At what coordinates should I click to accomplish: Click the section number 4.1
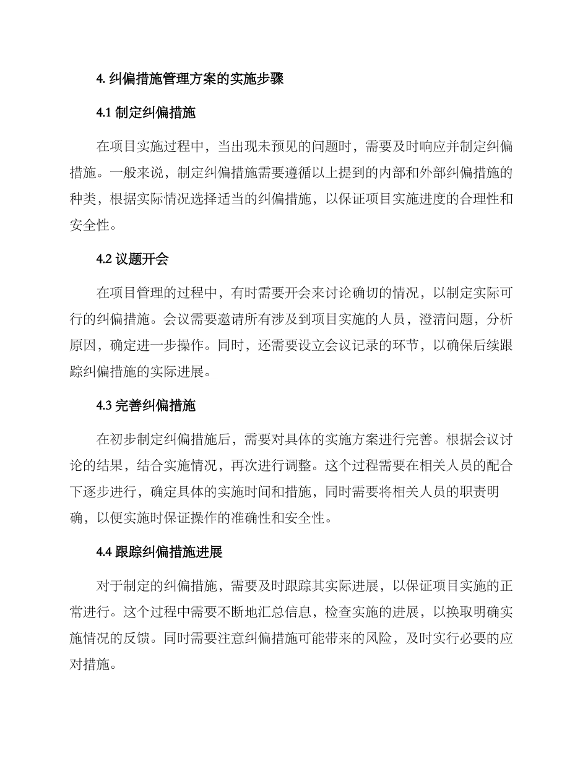point(104,113)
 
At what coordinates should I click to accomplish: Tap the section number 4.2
point(104,259)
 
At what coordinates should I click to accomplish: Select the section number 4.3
point(104,406)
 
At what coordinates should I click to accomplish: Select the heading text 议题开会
point(142,259)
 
